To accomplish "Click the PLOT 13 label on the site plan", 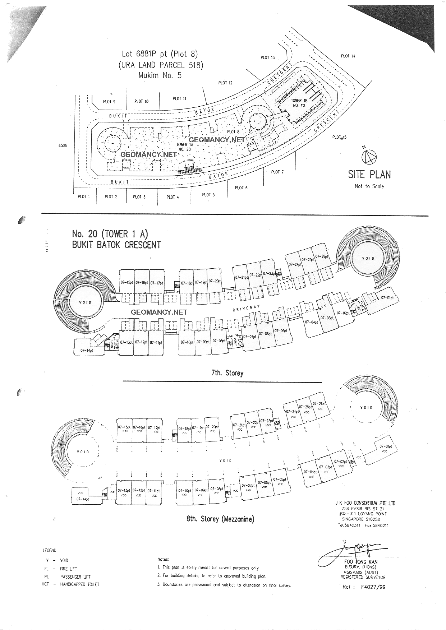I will coord(268,57).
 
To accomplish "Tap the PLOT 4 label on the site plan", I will coord(173,197).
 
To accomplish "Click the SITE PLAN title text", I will coord(369,175).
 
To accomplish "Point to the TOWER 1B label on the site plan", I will coord(299,101).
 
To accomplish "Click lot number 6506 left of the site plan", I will coord(63,145).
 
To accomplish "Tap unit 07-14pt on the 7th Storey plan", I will coord(87,350).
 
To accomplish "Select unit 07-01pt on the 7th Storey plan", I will coord(387,298).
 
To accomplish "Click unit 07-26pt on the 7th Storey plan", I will coord(322,256).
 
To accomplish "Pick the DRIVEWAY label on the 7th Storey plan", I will coord(246,308).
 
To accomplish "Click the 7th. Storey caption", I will coord(227,373).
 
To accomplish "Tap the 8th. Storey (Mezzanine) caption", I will coord(220,519).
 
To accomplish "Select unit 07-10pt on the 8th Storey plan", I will coord(184,490).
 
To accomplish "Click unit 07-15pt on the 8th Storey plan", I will coord(124,427).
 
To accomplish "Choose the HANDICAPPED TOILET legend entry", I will coord(79,584).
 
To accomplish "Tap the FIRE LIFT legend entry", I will coord(68,569).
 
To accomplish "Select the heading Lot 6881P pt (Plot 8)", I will coord(160,54).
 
